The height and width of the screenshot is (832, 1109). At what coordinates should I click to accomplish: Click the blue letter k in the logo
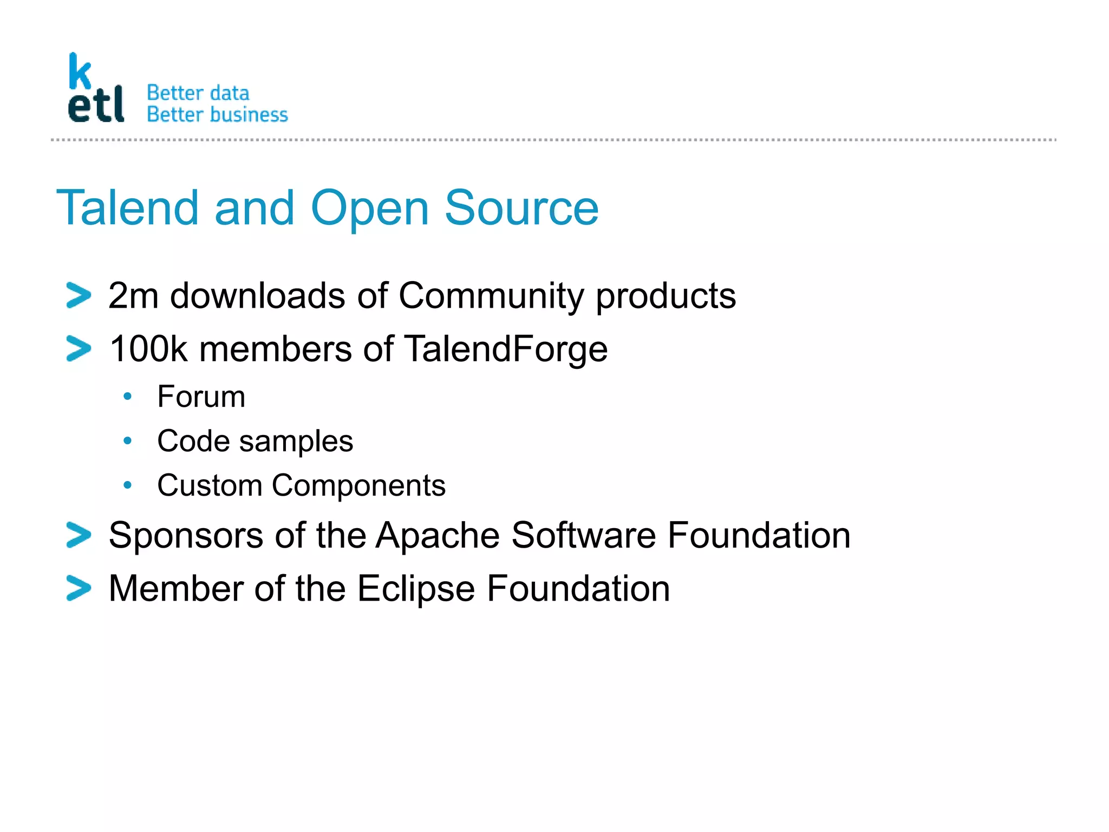[x=80, y=71]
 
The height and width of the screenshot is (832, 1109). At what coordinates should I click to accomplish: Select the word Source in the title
[x=521, y=208]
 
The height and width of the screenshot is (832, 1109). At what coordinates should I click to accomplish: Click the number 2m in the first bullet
[x=133, y=296]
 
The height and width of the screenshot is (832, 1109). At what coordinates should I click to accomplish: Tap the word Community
[x=491, y=296]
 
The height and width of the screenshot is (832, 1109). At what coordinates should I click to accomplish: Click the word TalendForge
[x=506, y=349]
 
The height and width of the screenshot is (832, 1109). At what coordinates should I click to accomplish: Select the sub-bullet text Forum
[x=201, y=396]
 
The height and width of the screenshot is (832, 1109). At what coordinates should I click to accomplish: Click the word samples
[x=296, y=441]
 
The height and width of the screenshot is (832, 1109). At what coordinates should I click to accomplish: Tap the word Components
[x=358, y=485]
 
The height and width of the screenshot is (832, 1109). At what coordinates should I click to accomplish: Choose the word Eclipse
[x=416, y=589]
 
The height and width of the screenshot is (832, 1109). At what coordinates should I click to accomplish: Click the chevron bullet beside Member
[x=79, y=588]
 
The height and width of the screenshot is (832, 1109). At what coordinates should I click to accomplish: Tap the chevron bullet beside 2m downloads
[x=79, y=296]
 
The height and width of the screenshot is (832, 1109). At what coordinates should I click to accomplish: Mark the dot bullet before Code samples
[x=127, y=441]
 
